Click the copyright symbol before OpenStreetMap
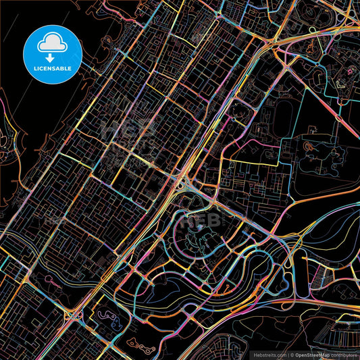pyautogui.click(x=290, y=353)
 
